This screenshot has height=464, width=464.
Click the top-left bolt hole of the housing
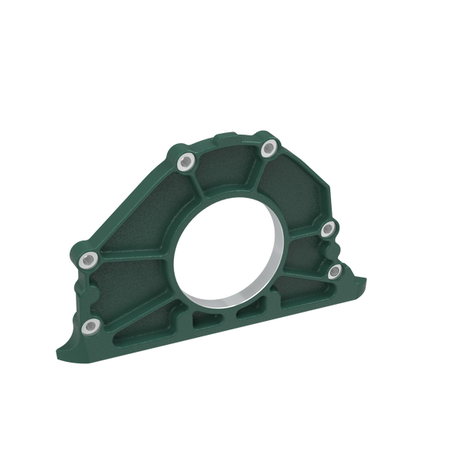coord(186,162)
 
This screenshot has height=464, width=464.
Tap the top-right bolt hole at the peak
coord(268,147)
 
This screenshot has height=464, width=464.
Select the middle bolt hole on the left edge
coord(89,258)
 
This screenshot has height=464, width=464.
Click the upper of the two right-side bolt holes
coord(327,227)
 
